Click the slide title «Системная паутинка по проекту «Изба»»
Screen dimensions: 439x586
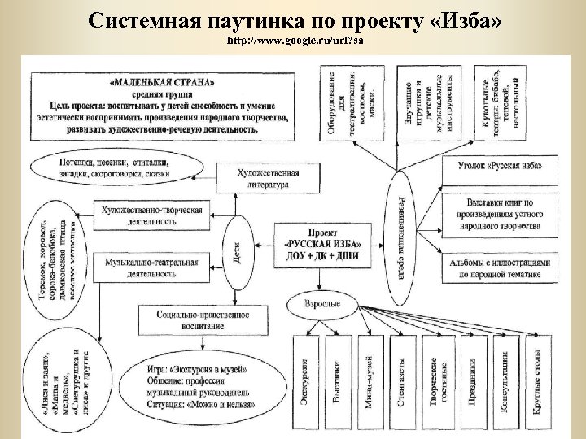294,20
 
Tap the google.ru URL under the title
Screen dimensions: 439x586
294,40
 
